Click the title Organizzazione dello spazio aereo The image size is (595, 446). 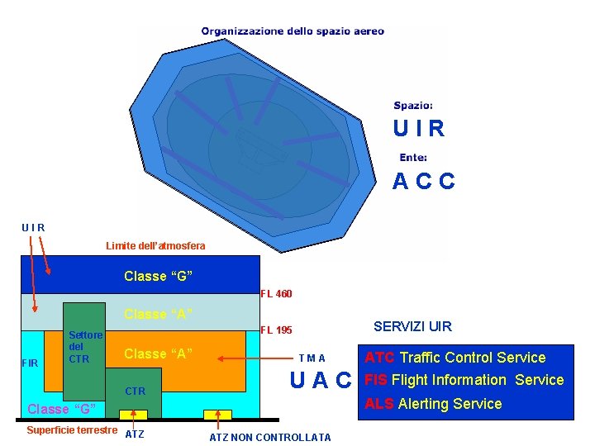click(293, 31)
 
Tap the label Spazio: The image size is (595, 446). click(412, 106)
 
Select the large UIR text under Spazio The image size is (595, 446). click(419, 130)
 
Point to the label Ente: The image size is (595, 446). click(413, 157)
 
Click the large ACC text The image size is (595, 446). click(423, 182)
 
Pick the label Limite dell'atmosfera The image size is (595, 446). click(155, 246)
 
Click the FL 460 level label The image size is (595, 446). click(276, 294)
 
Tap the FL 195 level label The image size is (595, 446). click(276, 330)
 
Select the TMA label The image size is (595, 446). click(312, 358)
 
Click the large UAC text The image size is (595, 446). click(321, 381)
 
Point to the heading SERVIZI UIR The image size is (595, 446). click(412, 327)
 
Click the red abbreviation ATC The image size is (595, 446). click(380, 358)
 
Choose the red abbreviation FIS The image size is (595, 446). click(376, 380)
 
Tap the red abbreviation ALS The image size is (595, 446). click(379, 404)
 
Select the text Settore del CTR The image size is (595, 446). click(85, 347)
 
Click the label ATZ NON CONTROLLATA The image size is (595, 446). click(269, 438)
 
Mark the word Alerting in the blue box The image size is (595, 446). click(424, 404)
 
